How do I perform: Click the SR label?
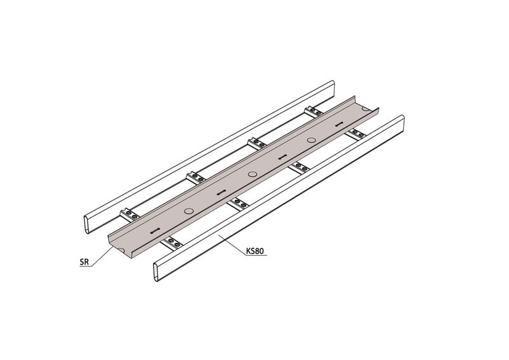point(84,262)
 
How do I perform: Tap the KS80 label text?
point(255,251)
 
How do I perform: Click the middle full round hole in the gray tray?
point(252,174)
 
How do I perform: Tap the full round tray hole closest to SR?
point(188,211)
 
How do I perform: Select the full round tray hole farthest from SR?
point(311,140)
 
